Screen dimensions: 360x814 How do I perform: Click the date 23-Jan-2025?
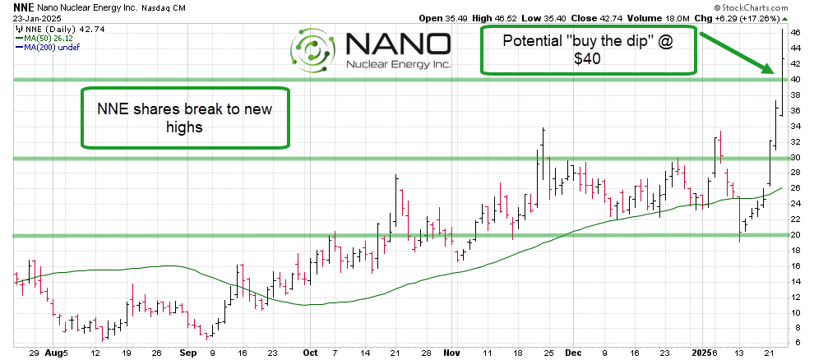point(26,18)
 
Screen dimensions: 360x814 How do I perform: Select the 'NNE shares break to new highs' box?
point(186,118)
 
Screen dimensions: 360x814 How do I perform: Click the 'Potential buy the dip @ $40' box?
point(589,49)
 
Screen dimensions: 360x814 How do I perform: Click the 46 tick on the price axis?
point(795,32)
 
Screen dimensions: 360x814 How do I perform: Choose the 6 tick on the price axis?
point(795,343)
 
